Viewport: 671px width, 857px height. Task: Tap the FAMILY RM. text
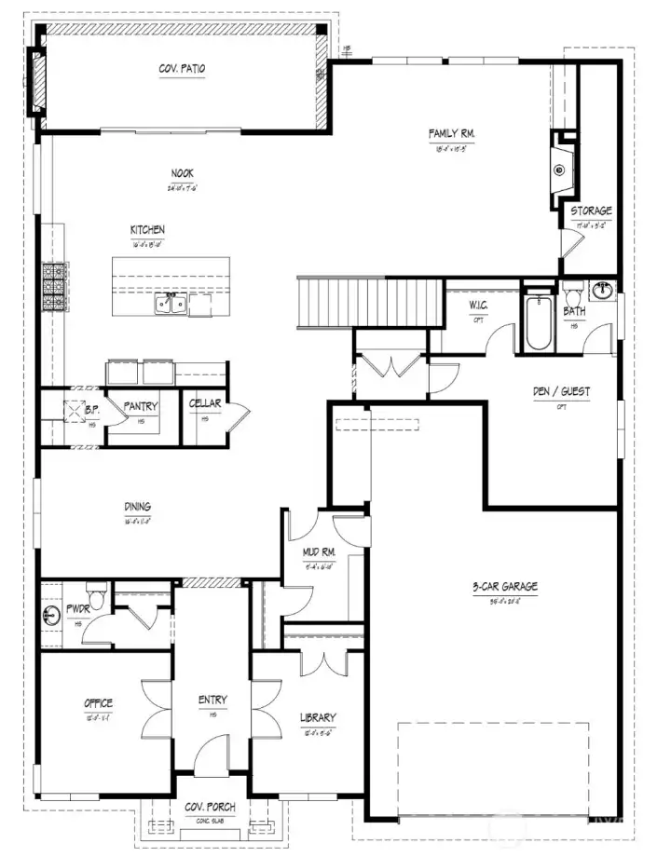pos(453,134)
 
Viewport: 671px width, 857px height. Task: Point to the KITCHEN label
pos(147,229)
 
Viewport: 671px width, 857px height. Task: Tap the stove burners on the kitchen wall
pos(49,288)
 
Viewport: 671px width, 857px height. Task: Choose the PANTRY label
pos(141,406)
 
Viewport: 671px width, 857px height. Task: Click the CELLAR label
pos(204,403)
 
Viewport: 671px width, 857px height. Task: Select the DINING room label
pos(137,507)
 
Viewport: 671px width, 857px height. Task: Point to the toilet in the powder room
pos(94,593)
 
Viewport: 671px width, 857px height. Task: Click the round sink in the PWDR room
pos(50,616)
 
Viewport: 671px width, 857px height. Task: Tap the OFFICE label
pos(98,702)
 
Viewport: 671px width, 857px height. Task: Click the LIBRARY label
pos(318,717)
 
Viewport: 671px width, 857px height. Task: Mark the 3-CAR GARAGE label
pos(504,587)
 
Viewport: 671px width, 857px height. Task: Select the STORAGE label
pos(591,211)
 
